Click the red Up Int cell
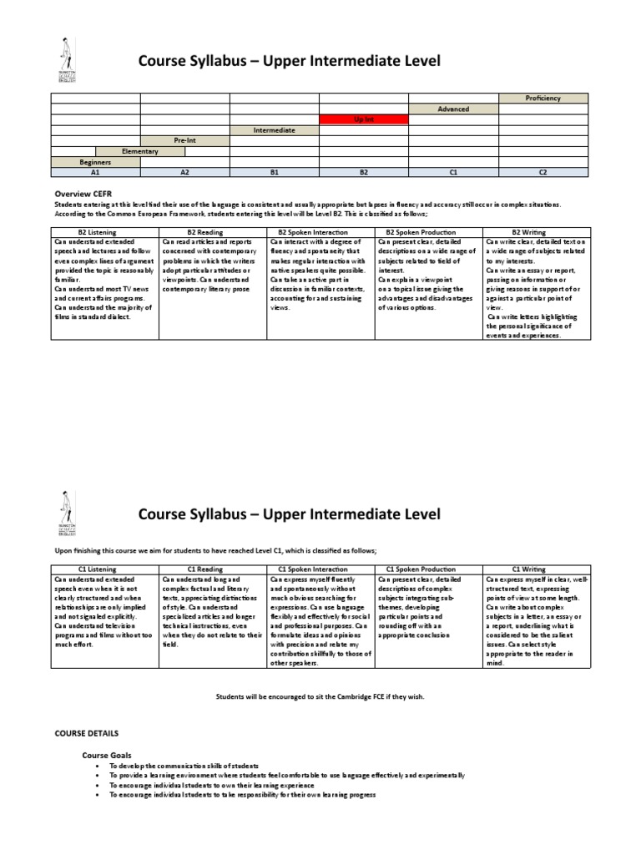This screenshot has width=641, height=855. click(x=364, y=119)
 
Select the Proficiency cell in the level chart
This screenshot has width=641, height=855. click(x=543, y=99)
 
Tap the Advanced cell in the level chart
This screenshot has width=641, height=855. click(x=453, y=109)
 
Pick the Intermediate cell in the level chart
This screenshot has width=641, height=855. click(x=275, y=130)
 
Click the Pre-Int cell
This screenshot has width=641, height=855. click(x=184, y=140)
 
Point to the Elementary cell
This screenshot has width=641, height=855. click(x=140, y=151)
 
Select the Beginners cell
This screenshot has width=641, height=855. click(x=95, y=161)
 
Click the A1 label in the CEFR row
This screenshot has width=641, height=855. click(x=95, y=172)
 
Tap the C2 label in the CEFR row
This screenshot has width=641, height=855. click(x=543, y=172)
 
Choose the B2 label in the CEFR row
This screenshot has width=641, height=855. click(x=364, y=172)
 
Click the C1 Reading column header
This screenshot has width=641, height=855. click(x=213, y=569)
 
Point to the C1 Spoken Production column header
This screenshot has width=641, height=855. click(x=428, y=569)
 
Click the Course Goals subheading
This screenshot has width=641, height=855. click(x=107, y=755)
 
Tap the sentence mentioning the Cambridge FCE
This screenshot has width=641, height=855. click(x=320, y=696)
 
